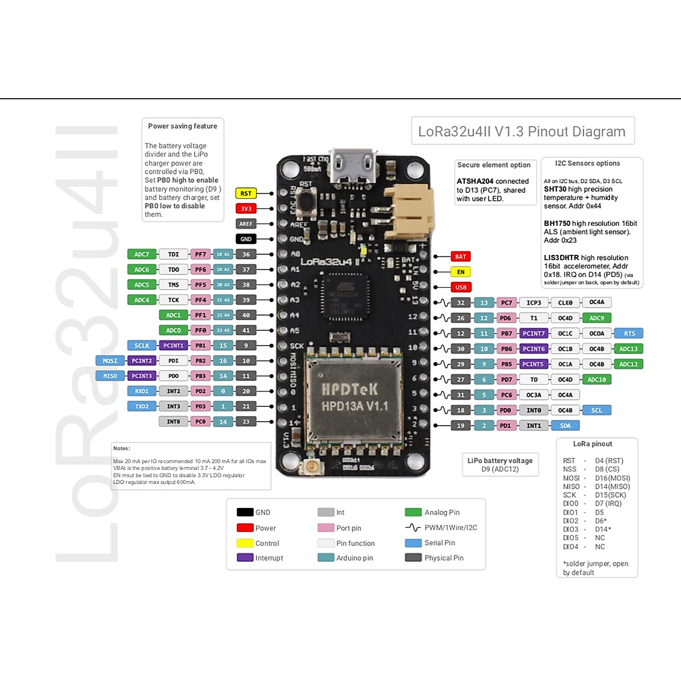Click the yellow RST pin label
click(246, 194)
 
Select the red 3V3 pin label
click(246, 209)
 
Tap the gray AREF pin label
click(246, 224)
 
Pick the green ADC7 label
click(142, 254)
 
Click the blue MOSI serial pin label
click(110, 361)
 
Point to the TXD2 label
click(142, 406)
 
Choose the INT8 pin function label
click(173, 422)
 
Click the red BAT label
click(460, 257)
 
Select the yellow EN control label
click(460, 272)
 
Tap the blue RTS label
click(629, 334)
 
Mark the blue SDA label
click(565, 426)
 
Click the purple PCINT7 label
click(533, 334)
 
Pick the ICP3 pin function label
click(533, 303)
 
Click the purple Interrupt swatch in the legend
click(245, 558)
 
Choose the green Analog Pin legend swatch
click(413, 512)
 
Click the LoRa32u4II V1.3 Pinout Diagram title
click(522, 132)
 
